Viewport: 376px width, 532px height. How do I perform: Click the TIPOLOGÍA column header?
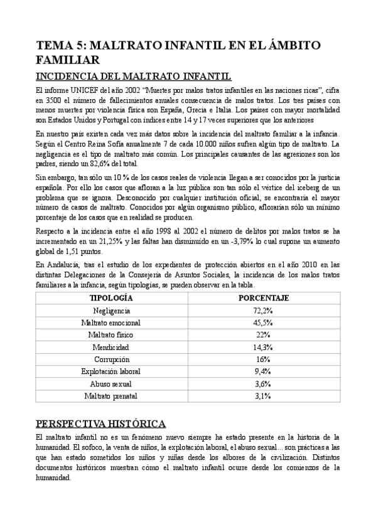[x=111, y=298]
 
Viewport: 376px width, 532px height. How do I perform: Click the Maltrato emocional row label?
[x=111, y=322]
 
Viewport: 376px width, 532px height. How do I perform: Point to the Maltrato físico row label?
[x=111, y=334]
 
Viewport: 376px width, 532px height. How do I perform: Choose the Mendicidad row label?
[x=111, y=347]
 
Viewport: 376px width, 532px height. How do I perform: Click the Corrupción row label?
[x=111, y=359]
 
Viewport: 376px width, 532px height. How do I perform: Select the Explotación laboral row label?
[x=111, y=371]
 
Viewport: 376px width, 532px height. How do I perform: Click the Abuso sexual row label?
[x=111, y=383]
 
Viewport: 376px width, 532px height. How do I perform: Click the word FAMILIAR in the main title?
[x=68, y=60]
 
